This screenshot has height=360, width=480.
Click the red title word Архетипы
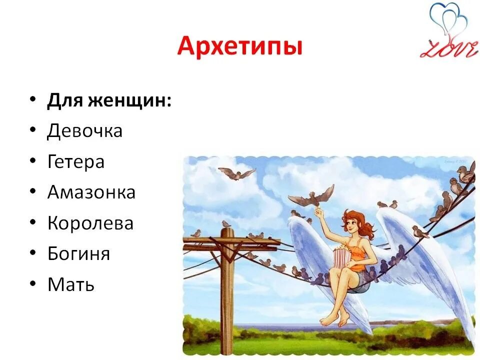click(x=240, y=47)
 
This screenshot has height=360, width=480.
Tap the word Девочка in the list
click(x=85, y=131)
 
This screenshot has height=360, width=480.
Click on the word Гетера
click(x=76, y=162)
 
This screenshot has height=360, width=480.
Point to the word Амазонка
click(x=91, y=192)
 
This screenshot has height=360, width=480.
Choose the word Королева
click(x=90, y=223)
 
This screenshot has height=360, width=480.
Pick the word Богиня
click(x=78, y=254)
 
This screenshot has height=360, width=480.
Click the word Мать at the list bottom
click(x=71, y=285)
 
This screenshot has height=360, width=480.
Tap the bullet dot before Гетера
click(x=33, y=161)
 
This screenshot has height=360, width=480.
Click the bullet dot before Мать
click(x=33, y=284)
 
